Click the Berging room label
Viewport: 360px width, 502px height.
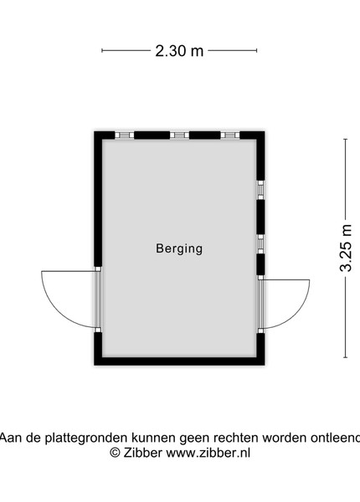[179, 248]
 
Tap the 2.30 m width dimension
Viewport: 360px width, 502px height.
[179, 50]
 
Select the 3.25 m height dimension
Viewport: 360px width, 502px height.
[346, 248]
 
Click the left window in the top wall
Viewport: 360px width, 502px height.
[124, 135]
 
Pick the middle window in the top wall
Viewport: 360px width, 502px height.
[179, 135]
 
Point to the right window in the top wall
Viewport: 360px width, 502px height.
[230, 135]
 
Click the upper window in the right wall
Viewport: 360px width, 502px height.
[260, 190]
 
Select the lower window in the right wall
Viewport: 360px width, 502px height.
[260, 244]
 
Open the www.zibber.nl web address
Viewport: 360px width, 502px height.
[208, 453]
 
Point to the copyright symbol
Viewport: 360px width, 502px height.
[115, 453]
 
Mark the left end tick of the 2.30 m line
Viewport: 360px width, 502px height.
[102, 50]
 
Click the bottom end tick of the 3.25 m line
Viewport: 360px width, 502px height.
[345, 357]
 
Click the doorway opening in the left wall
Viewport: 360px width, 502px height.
[98, 300]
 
